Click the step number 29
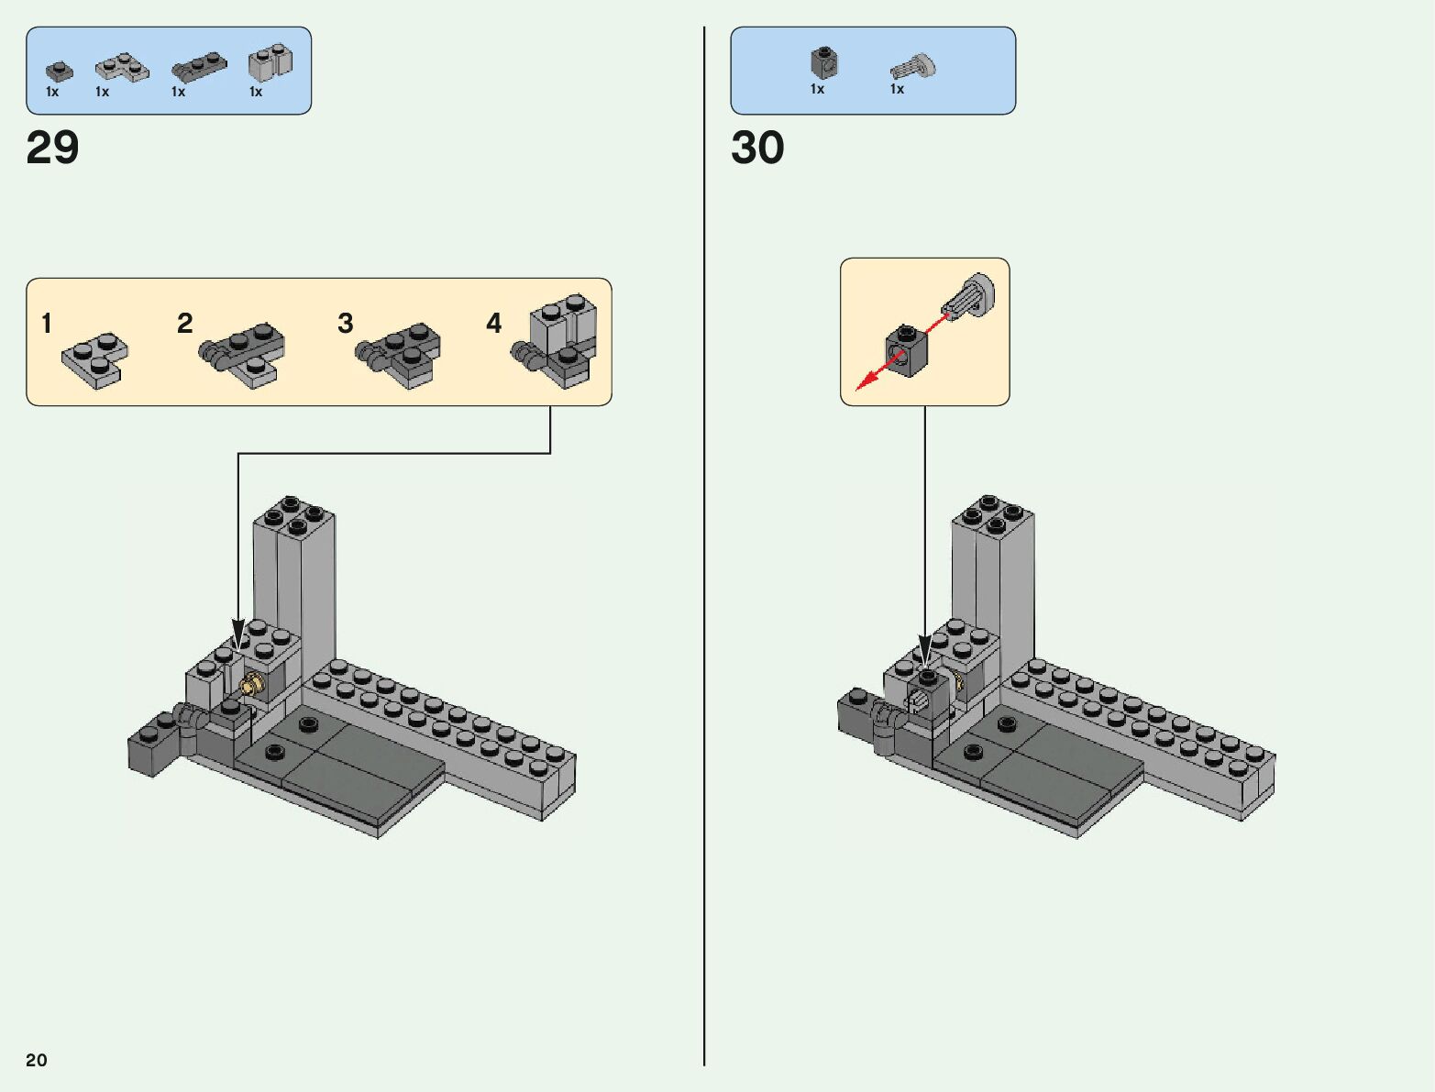point(52,147)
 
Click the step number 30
point(757,147)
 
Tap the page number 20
point(37,1059)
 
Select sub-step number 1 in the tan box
point(47,323)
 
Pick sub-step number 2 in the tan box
point(185,323)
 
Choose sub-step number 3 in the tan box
point(345,323)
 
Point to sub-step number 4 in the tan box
point(493,323)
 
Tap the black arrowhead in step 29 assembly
point(238,634)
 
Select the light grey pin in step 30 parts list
point(912,68)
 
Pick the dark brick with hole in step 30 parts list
point(824,62)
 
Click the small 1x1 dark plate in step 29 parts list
point(59,72)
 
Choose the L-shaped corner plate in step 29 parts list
point(122,67)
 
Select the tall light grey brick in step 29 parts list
point(270,62)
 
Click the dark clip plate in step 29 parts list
point(199,67)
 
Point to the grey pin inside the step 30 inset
point(969,297)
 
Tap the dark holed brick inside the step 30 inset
point(907,351)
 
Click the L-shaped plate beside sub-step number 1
point(95,360)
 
